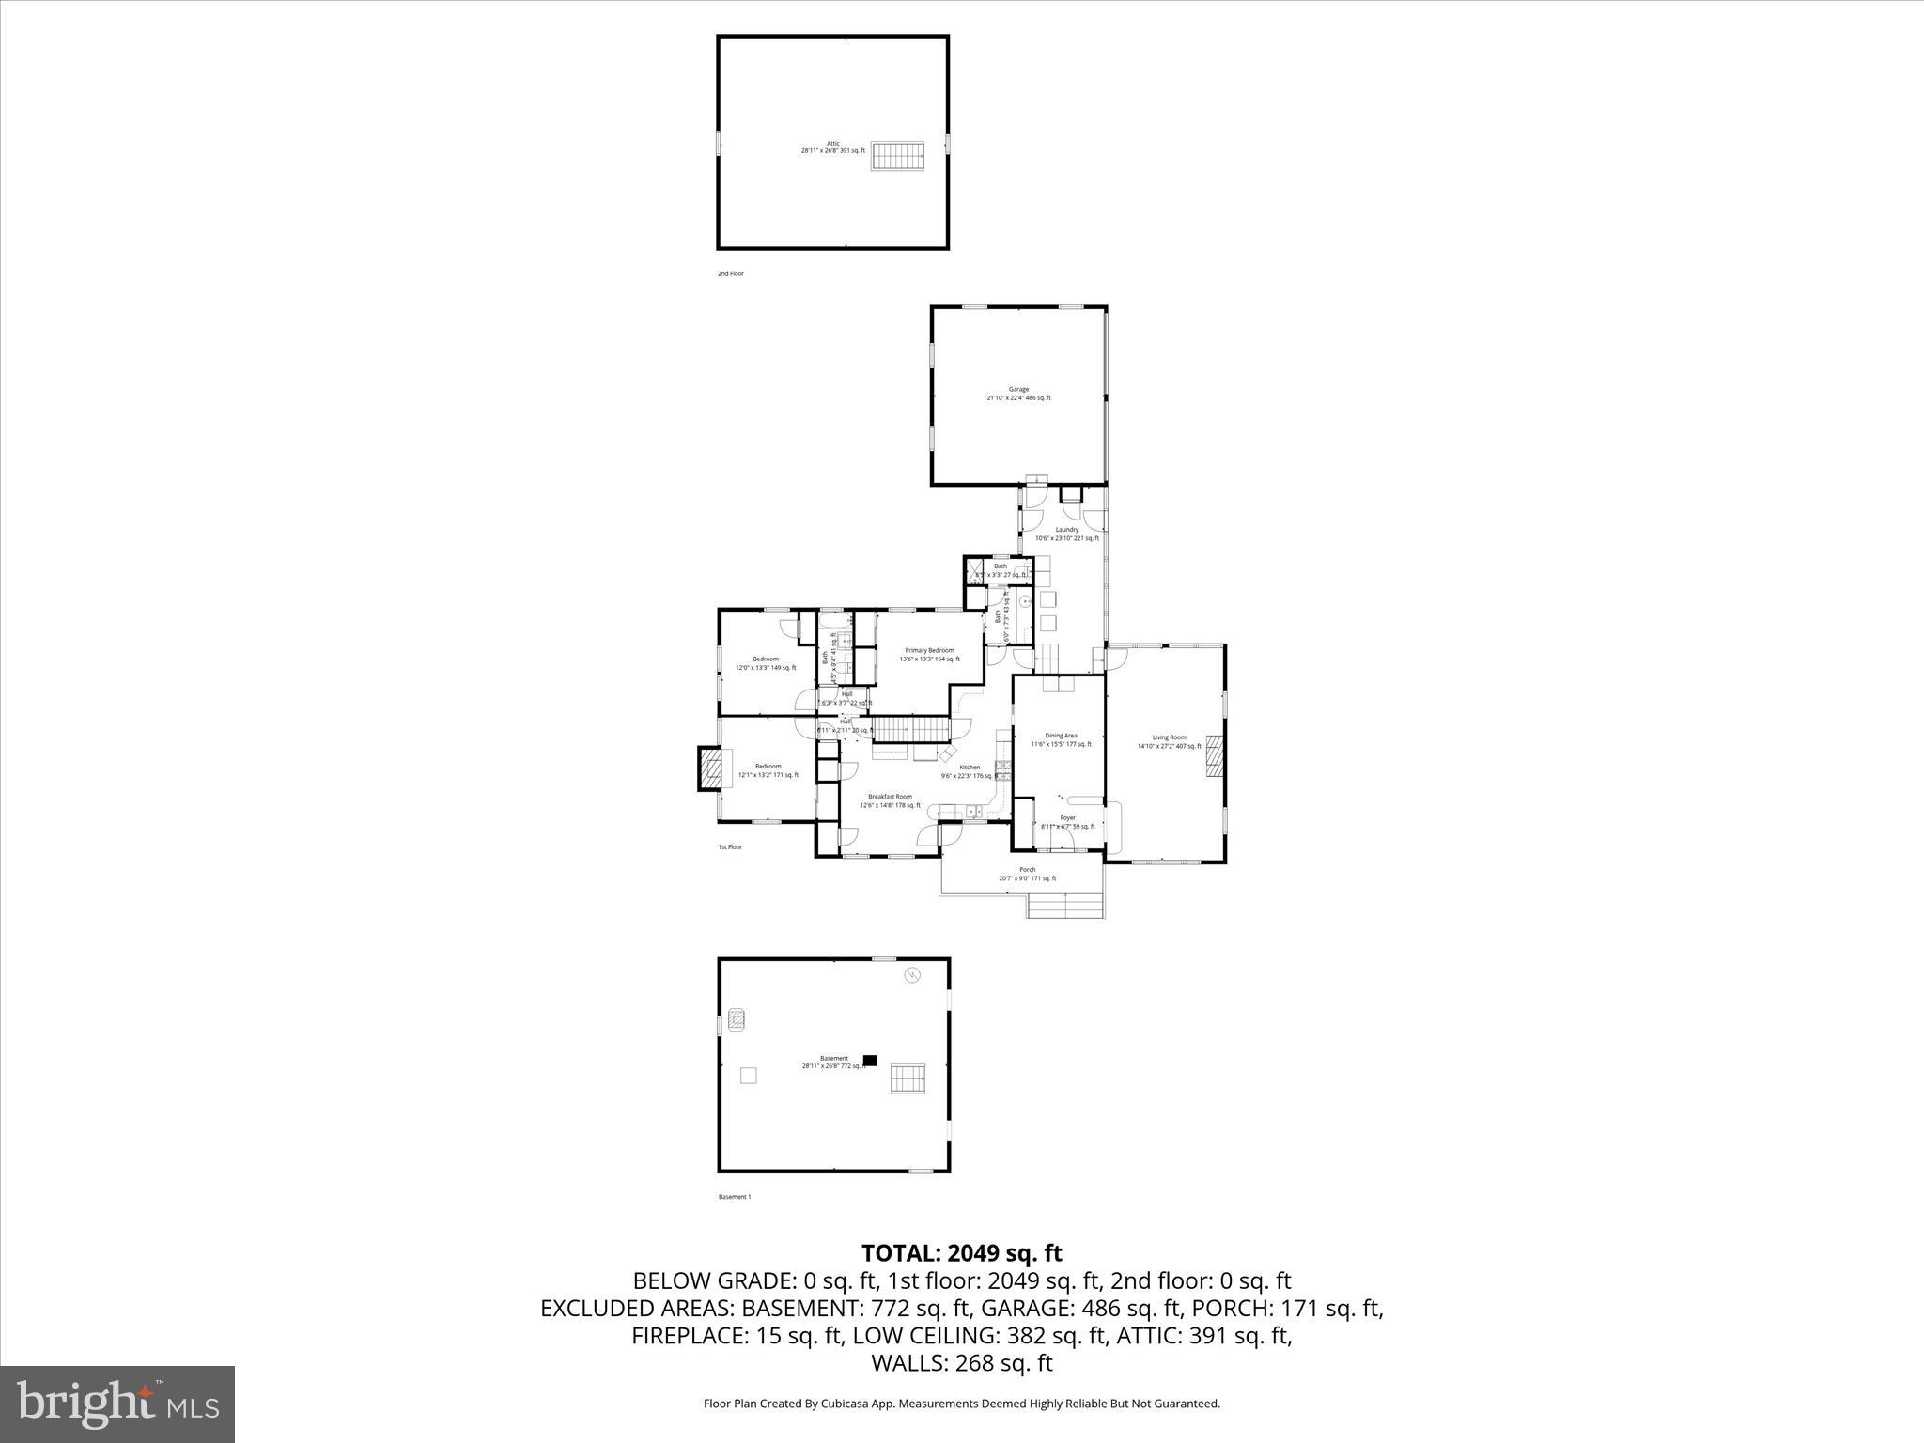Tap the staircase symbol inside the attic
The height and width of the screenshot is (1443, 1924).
pos(897,156)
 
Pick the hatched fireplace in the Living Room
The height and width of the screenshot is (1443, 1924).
pos(1216,756)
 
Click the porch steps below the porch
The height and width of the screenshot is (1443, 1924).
pos(1064,906)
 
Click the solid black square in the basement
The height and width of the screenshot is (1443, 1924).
pos(870,1060)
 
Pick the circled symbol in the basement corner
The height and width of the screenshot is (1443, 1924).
pos(911,975)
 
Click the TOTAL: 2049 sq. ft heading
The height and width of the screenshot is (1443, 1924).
pos(961,1252)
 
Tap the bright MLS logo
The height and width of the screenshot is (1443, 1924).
pos(117,1404)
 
